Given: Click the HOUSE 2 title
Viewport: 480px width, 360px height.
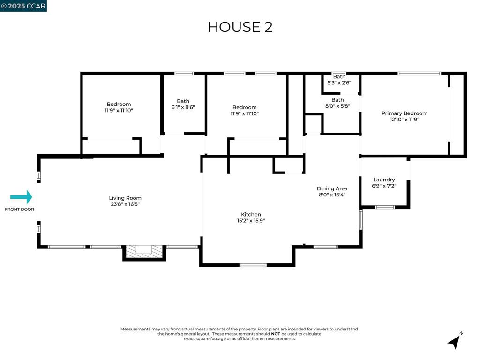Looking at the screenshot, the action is pyautogui.click(x=240, y=27).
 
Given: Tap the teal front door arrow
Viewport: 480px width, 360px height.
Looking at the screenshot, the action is pyautogui.click(x=21, y=197).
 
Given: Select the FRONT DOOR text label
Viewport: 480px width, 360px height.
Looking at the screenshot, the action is pyautogui.click(x=19, y=210).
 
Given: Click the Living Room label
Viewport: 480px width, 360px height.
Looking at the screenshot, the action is pyautogui.click(x=125, y=198).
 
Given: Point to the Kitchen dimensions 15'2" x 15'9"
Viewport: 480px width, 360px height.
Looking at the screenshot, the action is pyautogui.click(x=251, y=220).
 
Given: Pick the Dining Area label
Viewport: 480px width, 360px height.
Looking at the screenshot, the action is pyautogui.click(x=332, y=188).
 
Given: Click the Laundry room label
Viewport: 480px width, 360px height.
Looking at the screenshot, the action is pyautogui.click(x=384, y=180).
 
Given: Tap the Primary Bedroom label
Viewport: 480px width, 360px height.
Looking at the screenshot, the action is pyautogui.click(x=405, y=113).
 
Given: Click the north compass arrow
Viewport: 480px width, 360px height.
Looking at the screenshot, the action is pyautogui.click(x=454, y=341).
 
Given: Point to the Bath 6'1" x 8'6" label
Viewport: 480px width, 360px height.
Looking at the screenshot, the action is pyautogui.click(x=183, y=104).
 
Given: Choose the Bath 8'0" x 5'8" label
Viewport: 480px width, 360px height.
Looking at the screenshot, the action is pyautogui.click(x=337, y=103).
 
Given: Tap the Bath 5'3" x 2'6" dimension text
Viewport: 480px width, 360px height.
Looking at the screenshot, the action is pyautogui.click(x=339, y=82).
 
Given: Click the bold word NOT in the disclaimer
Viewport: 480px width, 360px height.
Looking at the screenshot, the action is pyautogui.click(x=276, y=334).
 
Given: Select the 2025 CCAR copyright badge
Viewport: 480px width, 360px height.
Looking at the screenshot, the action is pyautogui.click(x=23, y=6).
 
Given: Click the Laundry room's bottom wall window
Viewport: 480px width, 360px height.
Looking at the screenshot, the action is pyautogui.click(x=385, y=207).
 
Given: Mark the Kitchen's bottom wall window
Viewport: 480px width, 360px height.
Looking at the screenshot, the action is pyautogui.click(x=253, y=265).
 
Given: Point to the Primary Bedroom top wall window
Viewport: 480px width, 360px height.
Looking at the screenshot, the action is pyautogui.click(x=420, y=74).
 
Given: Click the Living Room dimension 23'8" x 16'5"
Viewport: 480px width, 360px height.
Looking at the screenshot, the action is pyautogui.click(x=125, y=204).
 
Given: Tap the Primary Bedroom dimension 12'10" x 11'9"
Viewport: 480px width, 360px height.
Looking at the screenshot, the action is pyautogui.click(x=405, y=120).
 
